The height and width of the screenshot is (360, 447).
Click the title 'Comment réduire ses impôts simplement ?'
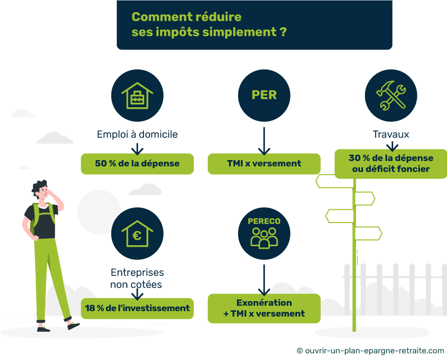pos(209,24)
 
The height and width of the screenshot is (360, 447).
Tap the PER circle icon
pos(264,95)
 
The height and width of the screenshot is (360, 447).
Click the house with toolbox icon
pos(137,95)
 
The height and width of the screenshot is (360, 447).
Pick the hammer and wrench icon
pos(391,95)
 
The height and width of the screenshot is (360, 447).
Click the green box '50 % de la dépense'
pos(137,164)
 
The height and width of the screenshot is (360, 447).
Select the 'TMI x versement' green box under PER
pos(264,164)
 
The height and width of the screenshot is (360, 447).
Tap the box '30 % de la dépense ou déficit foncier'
pos(391,164)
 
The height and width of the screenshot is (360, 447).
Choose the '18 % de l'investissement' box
pos(137,308)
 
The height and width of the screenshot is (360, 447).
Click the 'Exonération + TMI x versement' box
pos(264,308)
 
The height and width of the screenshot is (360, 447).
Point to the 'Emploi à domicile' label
pos(137,135)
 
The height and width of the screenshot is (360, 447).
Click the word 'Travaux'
pos(391,135)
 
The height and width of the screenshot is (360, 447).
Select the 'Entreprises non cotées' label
pos(137,278)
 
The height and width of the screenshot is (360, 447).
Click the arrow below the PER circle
pos(264,140)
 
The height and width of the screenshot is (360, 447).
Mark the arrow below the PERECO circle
pos(264,280)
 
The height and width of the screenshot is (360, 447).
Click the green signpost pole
pos(354,282)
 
